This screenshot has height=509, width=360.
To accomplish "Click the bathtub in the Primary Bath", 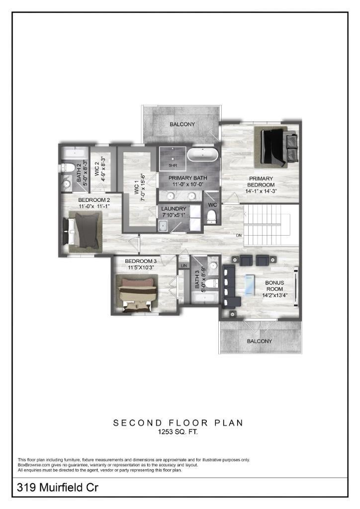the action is click(x=202, y=155).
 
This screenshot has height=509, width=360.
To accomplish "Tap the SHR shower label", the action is click(x=173, y=165).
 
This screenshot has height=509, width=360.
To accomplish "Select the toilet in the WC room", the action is click(x=211, y=217).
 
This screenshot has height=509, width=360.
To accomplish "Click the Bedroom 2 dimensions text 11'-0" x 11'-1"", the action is click(x=94, y=206).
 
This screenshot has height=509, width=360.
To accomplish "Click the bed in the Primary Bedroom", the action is click(x=274, y=147).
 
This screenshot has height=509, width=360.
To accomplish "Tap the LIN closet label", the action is click(x=184, y=265).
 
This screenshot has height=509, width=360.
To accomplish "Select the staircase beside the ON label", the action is click(x=271, y=225).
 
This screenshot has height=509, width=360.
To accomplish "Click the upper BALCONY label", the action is click(x=182, y=124).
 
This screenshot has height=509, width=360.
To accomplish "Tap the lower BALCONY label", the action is click(x=260, y=341).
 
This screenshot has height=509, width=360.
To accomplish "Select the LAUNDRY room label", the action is click(x=174, y=209).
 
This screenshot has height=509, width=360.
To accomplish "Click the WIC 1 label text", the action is click(x=137, y=189).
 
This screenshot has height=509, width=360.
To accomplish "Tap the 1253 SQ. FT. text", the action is click(x=178, y=432).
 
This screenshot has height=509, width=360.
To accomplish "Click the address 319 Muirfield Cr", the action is click(x=58, y=487).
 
